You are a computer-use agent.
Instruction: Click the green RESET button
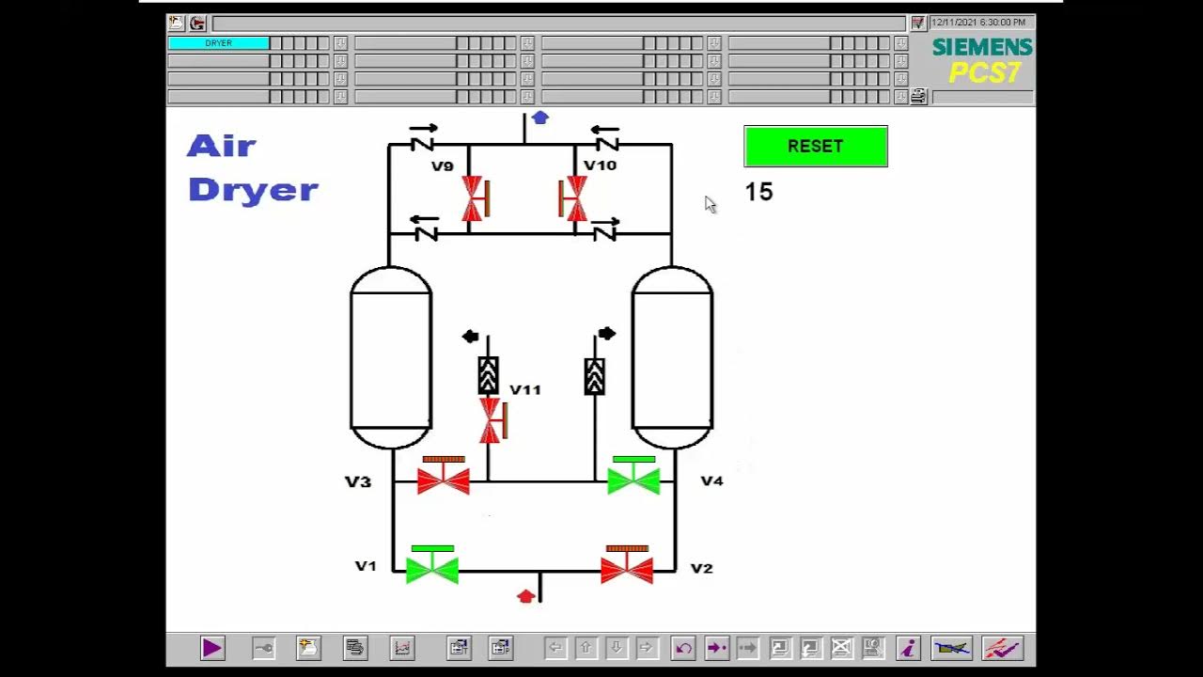coord(815,147)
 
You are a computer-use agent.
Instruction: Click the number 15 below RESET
coord(758,192)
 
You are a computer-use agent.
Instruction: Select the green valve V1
coord(431,566)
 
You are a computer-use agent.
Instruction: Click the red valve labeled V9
coord(474,198)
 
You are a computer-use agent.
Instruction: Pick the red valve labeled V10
coord(572,198)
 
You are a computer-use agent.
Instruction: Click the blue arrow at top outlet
coord(539,118)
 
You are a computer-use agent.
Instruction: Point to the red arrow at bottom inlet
coord(526,596)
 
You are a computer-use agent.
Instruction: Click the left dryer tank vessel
coord(391,357)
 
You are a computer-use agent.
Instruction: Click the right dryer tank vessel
coord(672,357)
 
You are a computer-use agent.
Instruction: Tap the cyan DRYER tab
coord(218,43)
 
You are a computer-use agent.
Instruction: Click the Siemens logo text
coord(982,47)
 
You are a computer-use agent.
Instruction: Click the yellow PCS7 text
coord(984,72)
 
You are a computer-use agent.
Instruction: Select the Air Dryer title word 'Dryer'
coord(253,190)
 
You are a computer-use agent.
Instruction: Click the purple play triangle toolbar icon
coord(212,648)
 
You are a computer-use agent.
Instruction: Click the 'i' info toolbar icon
coord(908,648)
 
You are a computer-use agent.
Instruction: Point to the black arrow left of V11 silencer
coord(471,337)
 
